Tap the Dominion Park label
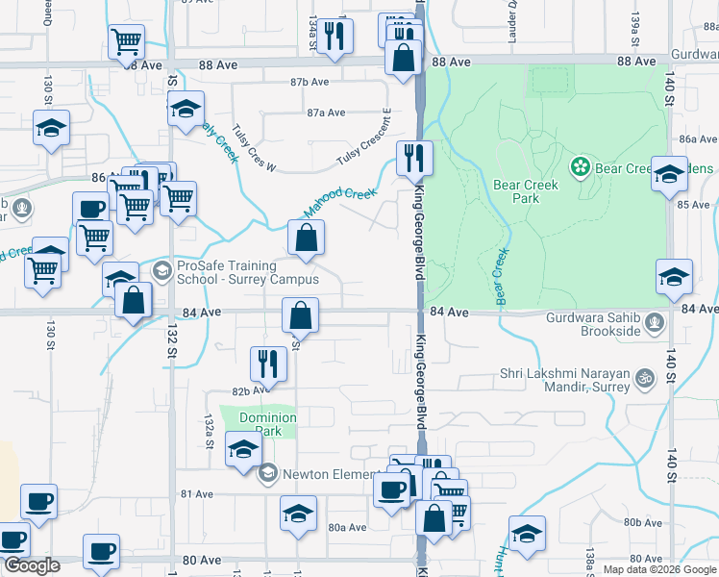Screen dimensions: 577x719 click(x=268, y=425)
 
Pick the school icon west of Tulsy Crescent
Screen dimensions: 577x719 click(x=186, y=110)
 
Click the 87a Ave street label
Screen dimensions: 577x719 click(x=326, y=113)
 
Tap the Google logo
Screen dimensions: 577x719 click(x=31, y=565)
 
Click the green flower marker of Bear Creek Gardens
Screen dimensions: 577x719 click(x=581, y=168)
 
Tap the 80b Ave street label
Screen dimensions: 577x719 click(x=641, y=522)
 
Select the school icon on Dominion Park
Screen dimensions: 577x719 click(x=243, y=448)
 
